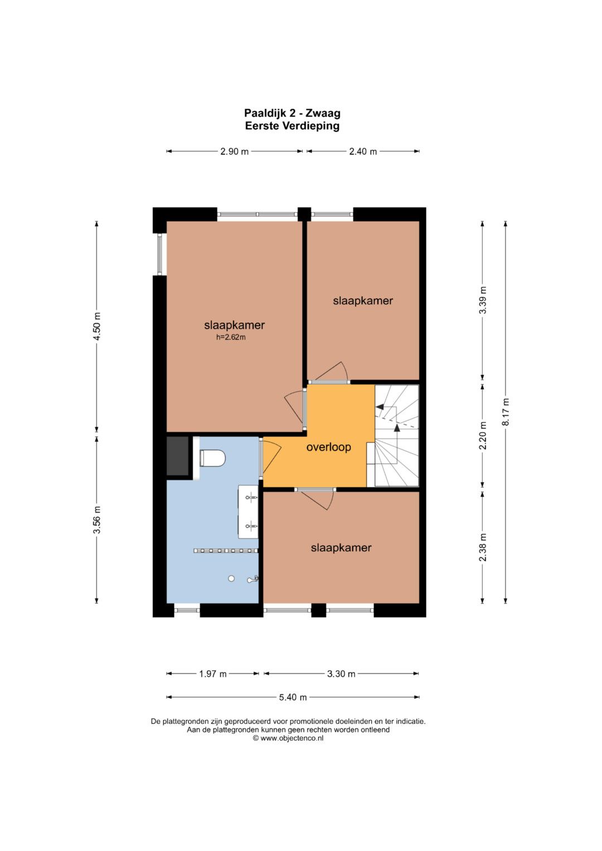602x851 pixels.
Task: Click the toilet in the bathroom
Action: pos(212,458)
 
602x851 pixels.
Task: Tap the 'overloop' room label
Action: pos(328,447)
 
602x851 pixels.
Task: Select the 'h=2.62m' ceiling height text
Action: pos(231,337)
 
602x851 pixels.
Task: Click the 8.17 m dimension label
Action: pos(506,412)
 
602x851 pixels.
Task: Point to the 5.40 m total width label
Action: pos(293,697)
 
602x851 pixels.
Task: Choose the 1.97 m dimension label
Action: pos(213,674)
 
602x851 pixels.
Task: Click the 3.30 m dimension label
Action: pos(341,674)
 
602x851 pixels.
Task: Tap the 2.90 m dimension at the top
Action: pos(235,152)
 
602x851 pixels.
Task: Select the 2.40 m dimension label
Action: pos(363,152)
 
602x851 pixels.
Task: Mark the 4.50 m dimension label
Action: pos(98,327)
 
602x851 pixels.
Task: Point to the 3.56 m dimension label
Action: pos(98,519)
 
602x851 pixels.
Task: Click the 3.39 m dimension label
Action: pos(483,300)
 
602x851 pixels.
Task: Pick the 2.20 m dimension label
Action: pos(483,435)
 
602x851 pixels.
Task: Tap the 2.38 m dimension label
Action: pos(483,547)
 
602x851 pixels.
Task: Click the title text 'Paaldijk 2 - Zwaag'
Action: pos(292,113)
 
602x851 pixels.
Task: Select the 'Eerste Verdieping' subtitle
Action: pos(292,126)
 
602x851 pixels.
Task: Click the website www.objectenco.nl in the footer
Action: pos(292,738)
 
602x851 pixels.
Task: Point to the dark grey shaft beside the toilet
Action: pos(177,456)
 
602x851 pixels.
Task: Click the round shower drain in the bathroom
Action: pos(231,578)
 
